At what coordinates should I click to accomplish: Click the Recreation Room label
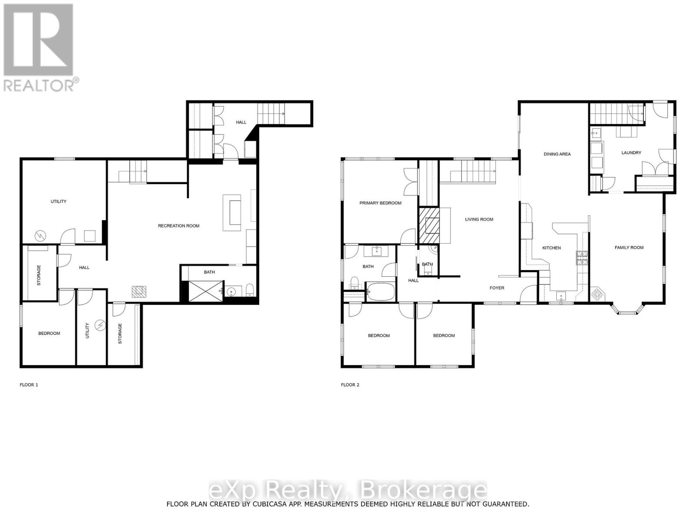click(x=178, y=226)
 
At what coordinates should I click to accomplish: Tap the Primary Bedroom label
click(x=380, y=203)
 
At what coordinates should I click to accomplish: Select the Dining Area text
click(x=557, y=154)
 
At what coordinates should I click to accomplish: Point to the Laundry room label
click(x=631, y=153)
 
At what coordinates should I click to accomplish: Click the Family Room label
click(x=629, y=248)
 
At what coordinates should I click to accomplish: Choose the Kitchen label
click(x=551, y=248)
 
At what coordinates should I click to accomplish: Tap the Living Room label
click(x=479, y=219)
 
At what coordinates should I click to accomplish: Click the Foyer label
click(x=497, y=288)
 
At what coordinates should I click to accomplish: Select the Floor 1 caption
click(x=29, y=385)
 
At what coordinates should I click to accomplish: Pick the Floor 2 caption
click(x=350, y=385)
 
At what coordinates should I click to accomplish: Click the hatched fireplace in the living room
click(x=429, y=225)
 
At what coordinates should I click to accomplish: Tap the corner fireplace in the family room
click(x=597, y=294)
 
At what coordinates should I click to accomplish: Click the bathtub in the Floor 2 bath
click(x=380, y=291)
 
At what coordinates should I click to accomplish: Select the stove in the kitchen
click(x=582, y=258)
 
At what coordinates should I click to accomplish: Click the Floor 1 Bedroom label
click(x=49, y=333)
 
